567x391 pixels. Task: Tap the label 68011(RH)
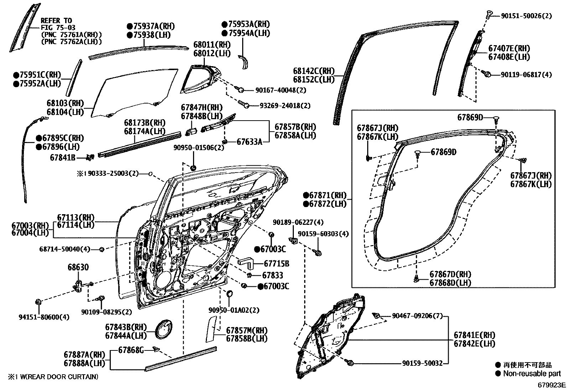coord(212,45)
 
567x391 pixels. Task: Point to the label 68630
coord(78,268)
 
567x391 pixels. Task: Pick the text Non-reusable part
coord(532,374)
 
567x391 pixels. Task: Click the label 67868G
coord(131,350)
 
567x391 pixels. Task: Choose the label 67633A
coord(249,142)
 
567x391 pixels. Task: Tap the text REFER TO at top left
coord(56,21)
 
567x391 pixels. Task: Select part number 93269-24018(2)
coord(285,106)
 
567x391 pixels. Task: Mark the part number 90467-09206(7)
coord(417,316)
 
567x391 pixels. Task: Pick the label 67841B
coord(63,157)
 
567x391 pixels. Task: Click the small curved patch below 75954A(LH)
coord(244,63)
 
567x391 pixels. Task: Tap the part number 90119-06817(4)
coord(526,75)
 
